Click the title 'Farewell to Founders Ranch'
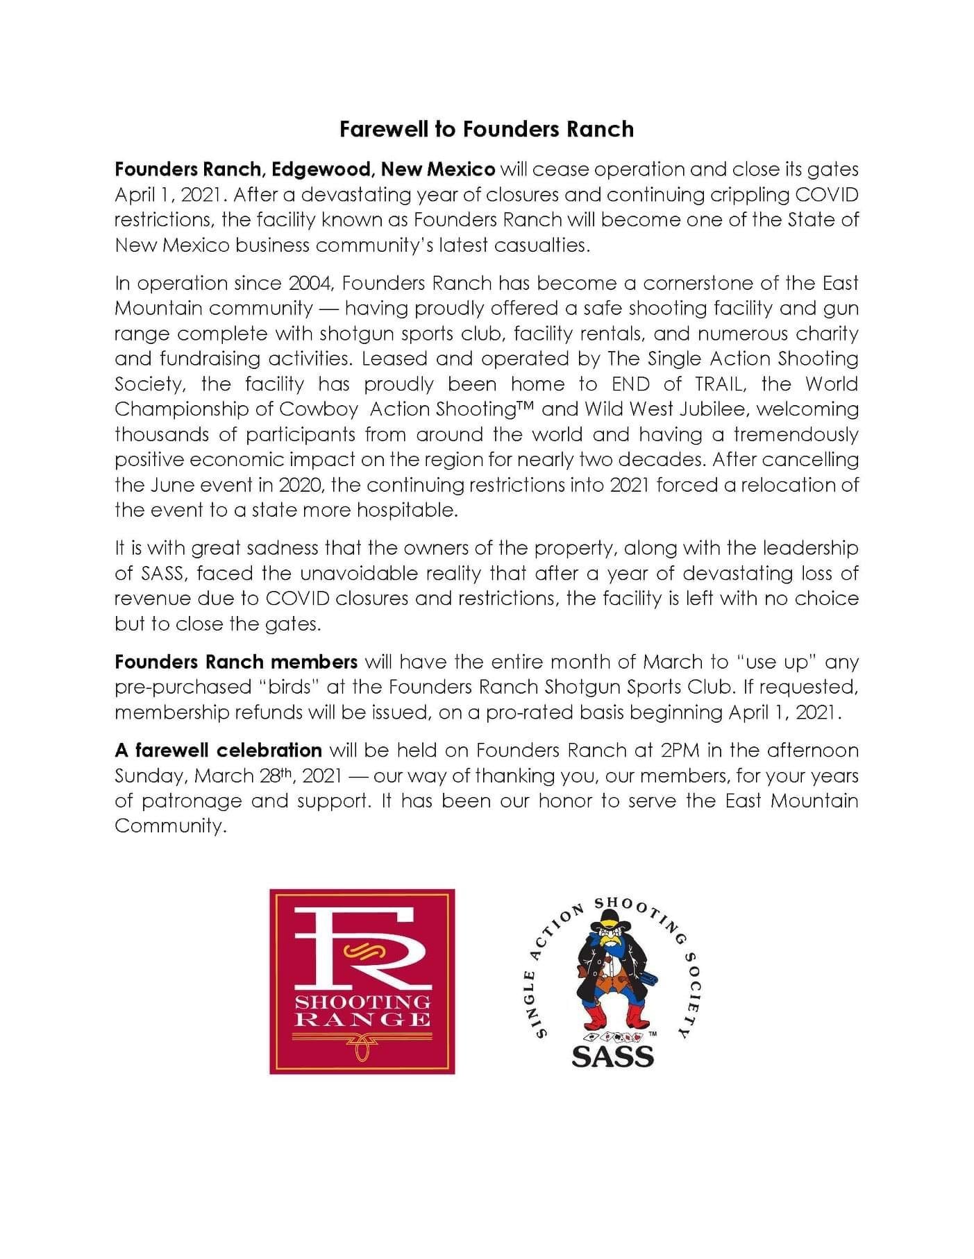point(486,130)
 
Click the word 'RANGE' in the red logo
point(362,1019)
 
